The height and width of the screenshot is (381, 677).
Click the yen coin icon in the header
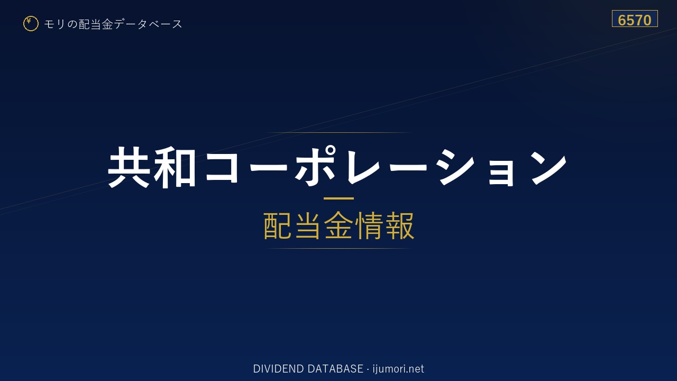click(x=31, y=24)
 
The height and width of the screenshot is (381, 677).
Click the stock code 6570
click(x=635, y=20)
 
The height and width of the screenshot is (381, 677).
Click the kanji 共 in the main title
click(x=130, y=167)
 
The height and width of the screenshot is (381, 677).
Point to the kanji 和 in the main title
click(x=175, y=167)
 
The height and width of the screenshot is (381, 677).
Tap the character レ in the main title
click(x=362, y=167)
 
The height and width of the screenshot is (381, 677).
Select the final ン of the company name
click(x=548, y=168)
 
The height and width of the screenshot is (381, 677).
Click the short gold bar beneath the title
click(x=338, y=198)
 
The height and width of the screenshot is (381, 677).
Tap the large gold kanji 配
click(x=278, y=226)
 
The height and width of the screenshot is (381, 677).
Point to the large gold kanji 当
click(x=308, y=226)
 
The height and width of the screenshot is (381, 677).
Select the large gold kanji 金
click(x=338, y=226)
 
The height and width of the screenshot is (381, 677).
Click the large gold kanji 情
click(x=369, y=226)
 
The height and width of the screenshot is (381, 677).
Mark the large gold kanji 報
click(x=399, y=226)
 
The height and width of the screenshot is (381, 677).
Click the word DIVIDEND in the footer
click(x=279, y=369)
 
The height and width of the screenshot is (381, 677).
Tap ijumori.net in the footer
click(x=398, y=369)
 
